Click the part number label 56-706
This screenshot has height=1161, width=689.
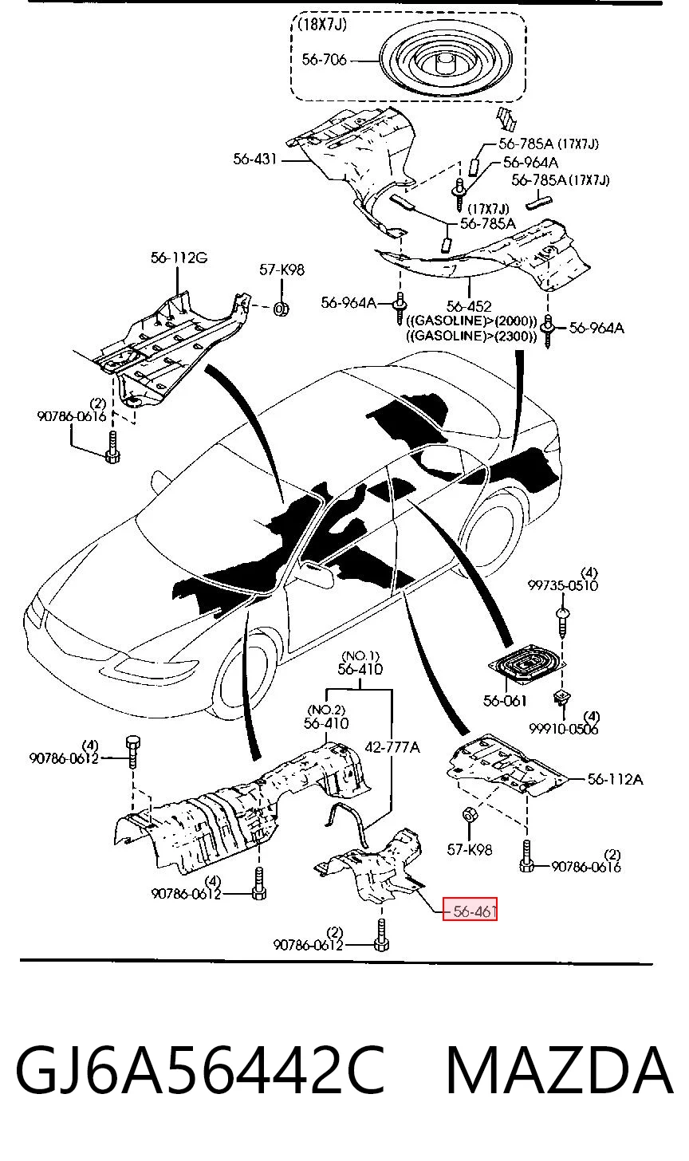click(324, 60)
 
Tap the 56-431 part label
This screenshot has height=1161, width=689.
click(255, 159)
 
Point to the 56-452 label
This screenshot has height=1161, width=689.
click(469, 306)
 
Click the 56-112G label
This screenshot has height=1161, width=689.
click(179, 258)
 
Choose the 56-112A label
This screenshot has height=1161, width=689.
click(616, 779)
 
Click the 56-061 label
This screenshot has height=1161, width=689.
click(505, 701)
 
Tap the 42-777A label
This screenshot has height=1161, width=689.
click(392, 747)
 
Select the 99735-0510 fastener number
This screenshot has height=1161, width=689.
click(563, 585)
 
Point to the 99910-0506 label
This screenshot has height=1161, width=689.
click(564, 729)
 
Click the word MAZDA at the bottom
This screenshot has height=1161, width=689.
click(560, 1069)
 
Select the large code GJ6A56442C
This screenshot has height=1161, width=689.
click(200, 1069)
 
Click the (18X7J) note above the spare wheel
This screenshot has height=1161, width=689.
click(322, 25)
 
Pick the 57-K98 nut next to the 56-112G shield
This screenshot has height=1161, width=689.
click(281, 309)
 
